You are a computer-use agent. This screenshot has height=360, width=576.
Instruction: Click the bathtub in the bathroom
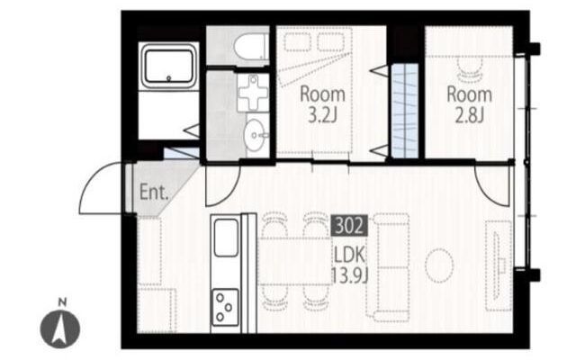169,66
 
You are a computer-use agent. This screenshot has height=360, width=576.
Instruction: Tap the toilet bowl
251,46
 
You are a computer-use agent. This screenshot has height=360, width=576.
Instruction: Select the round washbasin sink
255,135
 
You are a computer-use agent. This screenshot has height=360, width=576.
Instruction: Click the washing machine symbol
253,94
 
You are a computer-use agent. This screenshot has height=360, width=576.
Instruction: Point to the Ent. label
154,192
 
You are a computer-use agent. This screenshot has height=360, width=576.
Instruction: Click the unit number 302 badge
349,226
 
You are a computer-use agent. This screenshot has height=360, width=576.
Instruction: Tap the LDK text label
350,255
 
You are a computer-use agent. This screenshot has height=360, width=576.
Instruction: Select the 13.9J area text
350,275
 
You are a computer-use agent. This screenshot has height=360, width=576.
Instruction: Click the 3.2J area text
322,115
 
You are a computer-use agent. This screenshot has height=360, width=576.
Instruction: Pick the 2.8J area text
470,115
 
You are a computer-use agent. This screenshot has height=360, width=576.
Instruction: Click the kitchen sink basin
226,238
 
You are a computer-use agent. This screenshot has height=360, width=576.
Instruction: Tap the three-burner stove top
225,307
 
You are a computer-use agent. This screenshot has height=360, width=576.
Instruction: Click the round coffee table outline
439,265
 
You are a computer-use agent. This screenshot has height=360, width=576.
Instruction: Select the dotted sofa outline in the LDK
388,267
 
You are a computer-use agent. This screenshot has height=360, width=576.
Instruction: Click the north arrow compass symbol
60,328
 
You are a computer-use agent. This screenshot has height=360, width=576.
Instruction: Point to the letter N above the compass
63,302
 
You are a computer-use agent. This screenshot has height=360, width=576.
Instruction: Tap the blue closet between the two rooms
405,111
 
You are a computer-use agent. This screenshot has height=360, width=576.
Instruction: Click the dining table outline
295,261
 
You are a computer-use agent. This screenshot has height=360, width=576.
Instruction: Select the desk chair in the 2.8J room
470,69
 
